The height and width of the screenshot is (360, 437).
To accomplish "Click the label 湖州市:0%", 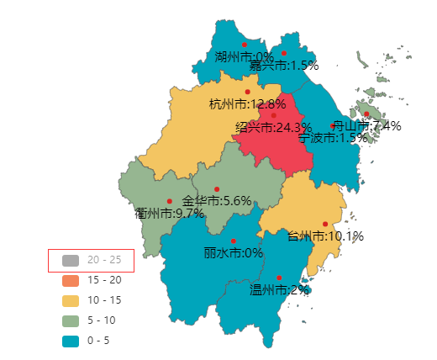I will (x=238, y=58).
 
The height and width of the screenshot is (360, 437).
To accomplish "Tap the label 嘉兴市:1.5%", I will (x=284, y=65).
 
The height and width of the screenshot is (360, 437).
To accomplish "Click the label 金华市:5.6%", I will (x=217, y=201).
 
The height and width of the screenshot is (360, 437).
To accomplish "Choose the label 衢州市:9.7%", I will (x=170, y=213).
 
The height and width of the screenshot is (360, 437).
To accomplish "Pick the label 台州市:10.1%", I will (x=325, y=236).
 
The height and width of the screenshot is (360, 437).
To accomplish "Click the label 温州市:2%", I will (x=279, y=289).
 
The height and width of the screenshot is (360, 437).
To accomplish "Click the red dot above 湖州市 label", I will (x=245, y=45).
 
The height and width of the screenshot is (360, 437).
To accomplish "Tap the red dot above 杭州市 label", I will (x=247, y=92).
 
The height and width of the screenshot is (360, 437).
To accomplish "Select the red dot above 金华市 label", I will (x=217, y=188).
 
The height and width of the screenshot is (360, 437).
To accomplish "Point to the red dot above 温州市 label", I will (x=279, y=278).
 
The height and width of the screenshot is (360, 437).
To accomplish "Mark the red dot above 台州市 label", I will (x=325, y=224).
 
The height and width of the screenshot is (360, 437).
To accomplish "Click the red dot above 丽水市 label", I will (x=234, y=241).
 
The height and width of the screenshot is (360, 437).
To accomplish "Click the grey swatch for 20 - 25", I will (x=71, y=260).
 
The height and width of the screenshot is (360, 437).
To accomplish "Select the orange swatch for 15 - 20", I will (x=71, y=280).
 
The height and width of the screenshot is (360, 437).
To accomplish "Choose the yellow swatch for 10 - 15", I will (x=71, y=300).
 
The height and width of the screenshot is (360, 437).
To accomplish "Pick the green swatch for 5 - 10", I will (x=71, y=320).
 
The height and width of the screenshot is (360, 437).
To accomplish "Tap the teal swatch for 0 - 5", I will (x=71, y=341).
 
